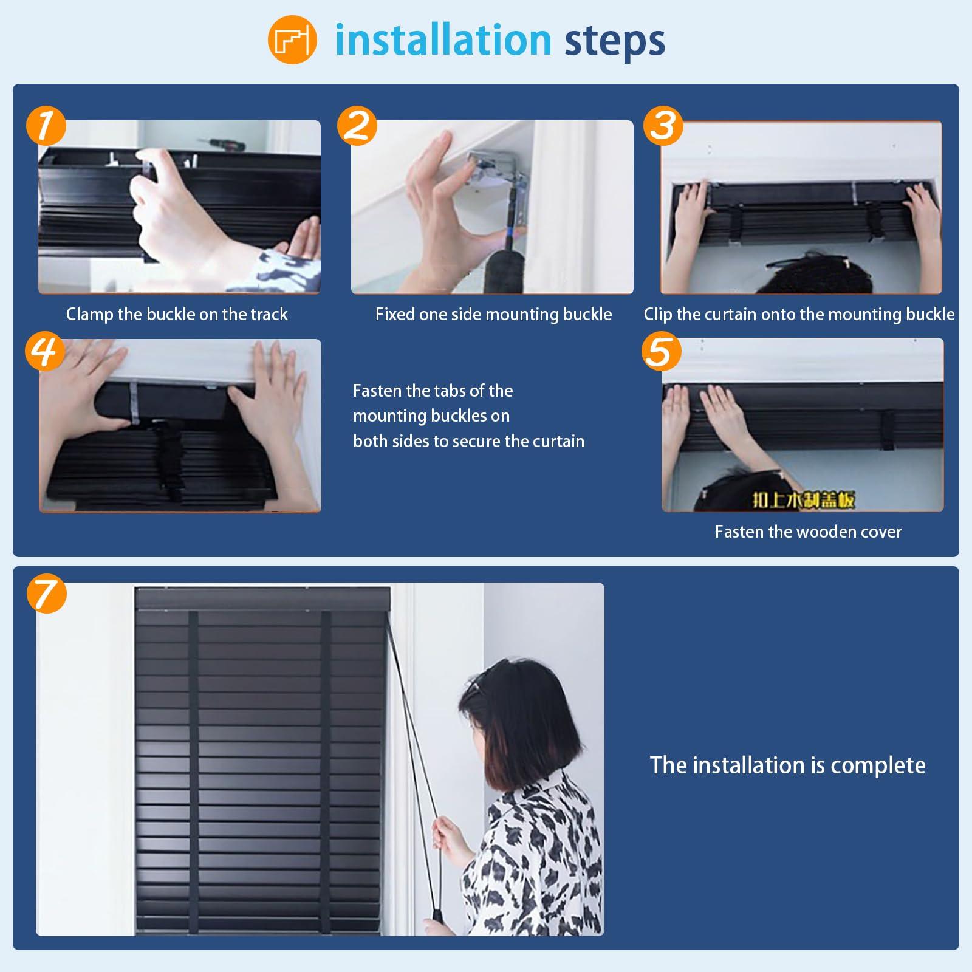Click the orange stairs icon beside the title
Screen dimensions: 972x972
click(292, 40)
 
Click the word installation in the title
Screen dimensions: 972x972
click(443, 40)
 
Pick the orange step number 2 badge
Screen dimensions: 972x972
click(357, 126)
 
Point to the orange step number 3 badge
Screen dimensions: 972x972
click(663, 126)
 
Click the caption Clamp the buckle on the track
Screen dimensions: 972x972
click(177, 314)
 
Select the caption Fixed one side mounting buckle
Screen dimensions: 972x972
click(493, 314)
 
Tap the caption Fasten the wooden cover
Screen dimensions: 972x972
click(808, 532)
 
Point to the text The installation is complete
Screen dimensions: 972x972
click(787, 765)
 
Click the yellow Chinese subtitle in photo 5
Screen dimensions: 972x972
click(804, 499)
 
